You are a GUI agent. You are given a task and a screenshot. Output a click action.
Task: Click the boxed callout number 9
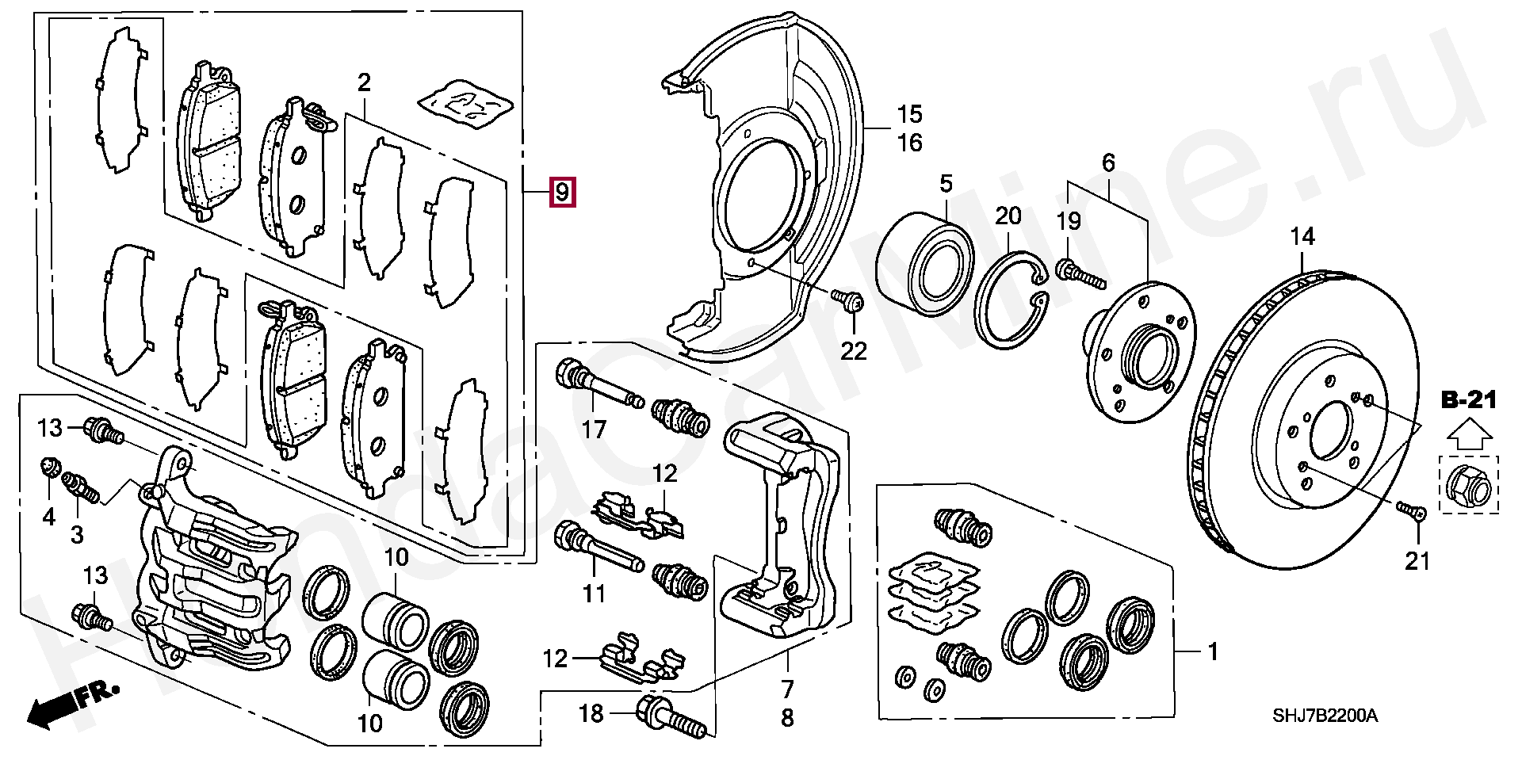561,192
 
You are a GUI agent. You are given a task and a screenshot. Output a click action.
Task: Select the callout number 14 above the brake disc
1302,236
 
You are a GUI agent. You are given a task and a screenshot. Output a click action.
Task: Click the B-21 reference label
1468,401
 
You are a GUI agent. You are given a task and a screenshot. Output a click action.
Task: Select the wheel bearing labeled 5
925,258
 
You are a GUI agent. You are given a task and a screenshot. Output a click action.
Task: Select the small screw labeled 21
1411,508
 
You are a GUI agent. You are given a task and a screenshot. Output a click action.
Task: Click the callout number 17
593,430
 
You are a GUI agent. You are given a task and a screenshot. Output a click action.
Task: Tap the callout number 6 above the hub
1108,162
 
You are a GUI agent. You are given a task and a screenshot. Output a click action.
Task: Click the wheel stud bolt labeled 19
1080,274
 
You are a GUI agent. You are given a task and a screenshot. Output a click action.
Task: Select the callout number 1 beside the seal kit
1212,652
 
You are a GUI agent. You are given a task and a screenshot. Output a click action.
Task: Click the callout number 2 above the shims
364,82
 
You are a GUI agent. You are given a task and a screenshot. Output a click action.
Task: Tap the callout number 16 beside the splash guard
910,143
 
